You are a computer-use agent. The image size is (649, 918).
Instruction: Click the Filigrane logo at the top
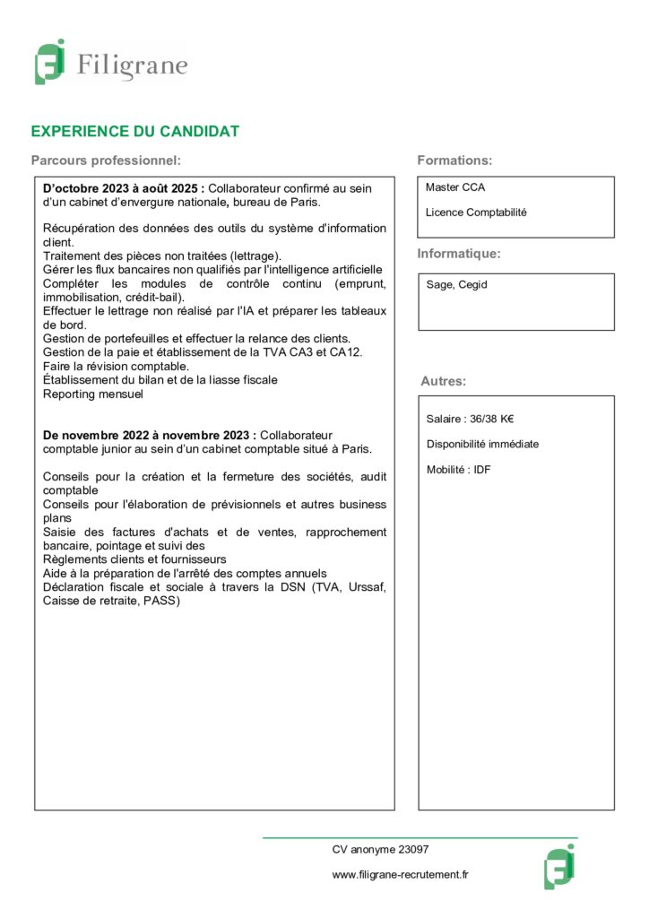(x=111, y=63)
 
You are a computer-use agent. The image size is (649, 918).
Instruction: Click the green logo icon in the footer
(x=559, y=866)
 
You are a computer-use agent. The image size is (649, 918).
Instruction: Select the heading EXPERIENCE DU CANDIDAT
(x=135, y=132)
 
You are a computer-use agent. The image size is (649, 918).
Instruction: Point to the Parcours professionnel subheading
(x=106, y=160)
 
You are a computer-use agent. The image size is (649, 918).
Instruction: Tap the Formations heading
(x=454, y=160)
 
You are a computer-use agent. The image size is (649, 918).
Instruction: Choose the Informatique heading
(x=459, y=254)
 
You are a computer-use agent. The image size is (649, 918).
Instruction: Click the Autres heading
(x=443, y=381)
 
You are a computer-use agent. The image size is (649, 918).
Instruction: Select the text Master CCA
(x=455, y=188)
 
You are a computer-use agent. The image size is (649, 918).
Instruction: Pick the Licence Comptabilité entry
(x=476, y=212)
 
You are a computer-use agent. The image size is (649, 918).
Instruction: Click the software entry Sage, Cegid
(x=456, y=285)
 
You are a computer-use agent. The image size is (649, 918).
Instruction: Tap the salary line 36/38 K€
(x=470, y=419)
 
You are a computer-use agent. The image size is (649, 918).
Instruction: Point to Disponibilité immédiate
(x=482, y=444)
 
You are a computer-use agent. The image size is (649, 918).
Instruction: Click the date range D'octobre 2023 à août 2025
(x=124, y=188)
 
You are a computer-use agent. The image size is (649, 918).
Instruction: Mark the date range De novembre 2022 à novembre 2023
(x=150, y=435)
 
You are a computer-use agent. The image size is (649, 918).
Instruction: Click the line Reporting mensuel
(x=92, y=394)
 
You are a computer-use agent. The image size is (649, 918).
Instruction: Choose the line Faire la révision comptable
(x=116, y=366)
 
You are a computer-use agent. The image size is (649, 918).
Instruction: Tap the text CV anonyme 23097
(x=381, y=849)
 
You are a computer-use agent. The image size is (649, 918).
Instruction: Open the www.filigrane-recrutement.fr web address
(x=401, y=874)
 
